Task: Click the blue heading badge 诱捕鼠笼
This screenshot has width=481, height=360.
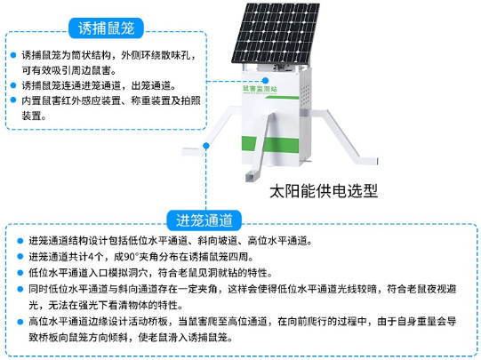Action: [x=106, y=28]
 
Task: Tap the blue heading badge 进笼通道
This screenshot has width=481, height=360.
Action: [x=204, y=220]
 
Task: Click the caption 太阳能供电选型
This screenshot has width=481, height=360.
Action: [x=324, y=191]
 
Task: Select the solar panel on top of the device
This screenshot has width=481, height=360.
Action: [x=276, y=33]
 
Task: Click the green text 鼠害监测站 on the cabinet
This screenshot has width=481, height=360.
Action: [x=260, y=89]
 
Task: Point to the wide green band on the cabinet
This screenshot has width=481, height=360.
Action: [x=270, y=144]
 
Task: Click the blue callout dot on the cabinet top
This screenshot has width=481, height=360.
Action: [x=266, y=81]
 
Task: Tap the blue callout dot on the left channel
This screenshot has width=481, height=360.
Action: [x=206, y=146]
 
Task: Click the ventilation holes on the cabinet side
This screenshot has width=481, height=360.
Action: [x=305, y=95]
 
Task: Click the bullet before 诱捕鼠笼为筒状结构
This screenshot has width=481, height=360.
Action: [x=13, y=55]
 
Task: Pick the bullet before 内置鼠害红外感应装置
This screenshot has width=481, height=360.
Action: [x=13, y=100]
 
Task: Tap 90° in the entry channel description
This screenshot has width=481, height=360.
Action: [x=132, y=257]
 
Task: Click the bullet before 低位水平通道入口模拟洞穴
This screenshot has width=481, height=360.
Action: [x=20, y=273]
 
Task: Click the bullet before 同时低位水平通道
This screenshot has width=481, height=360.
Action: [x=20, y=289]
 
